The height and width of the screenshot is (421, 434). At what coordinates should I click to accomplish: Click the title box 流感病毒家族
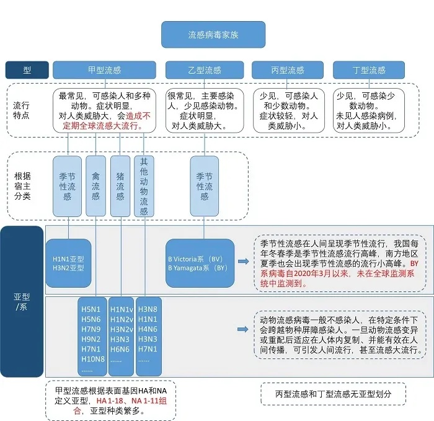213,35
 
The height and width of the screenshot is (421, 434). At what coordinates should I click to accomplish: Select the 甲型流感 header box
104,70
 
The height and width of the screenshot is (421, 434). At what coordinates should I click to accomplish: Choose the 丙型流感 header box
287,70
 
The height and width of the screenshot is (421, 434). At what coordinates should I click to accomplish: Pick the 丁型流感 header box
368,70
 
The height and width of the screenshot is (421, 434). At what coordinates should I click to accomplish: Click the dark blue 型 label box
27,70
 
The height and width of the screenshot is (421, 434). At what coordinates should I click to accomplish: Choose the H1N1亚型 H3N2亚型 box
68,263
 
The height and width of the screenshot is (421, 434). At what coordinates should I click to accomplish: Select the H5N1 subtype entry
89,309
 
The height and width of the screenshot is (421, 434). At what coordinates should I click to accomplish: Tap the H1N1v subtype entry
120,309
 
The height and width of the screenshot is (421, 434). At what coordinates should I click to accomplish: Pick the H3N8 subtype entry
148,309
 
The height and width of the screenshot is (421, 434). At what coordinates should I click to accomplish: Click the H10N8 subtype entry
92,359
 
